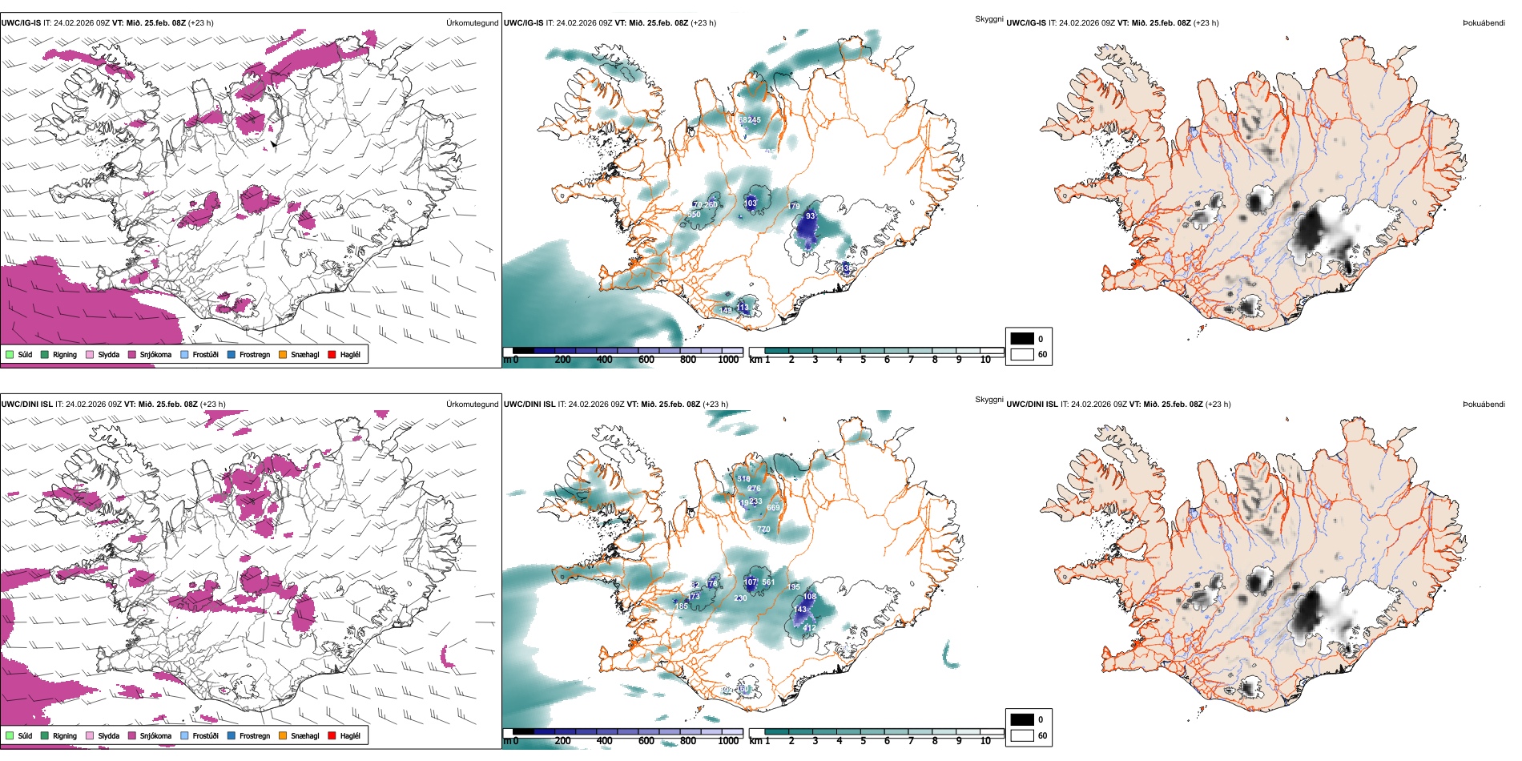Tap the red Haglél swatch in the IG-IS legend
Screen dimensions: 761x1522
click(332, 354)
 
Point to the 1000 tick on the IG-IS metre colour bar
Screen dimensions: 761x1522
click(728, 360)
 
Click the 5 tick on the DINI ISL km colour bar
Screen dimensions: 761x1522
click(863, 741)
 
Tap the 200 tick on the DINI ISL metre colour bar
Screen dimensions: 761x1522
click(563, 741)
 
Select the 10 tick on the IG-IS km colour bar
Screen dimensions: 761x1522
click(985, 360)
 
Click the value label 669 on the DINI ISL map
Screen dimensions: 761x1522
click(773, 508)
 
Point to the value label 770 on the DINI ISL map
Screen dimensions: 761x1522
click(763, 529)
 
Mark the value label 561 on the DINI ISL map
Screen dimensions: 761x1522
click(768, 582)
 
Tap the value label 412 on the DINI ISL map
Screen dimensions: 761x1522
click(810, 628)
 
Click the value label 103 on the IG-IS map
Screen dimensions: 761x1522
click(750, 203)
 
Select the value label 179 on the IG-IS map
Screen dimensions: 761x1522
click(793, 207)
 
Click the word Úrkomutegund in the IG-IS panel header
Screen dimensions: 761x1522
click(472, 23)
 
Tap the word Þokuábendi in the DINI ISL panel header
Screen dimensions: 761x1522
click(1484, 405)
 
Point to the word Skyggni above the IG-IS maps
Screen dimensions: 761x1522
click(988, 18)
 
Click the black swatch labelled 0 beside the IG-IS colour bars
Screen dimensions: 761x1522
click(1022, 339)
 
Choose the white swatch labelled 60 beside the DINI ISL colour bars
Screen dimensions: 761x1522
click(1022, 735)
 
